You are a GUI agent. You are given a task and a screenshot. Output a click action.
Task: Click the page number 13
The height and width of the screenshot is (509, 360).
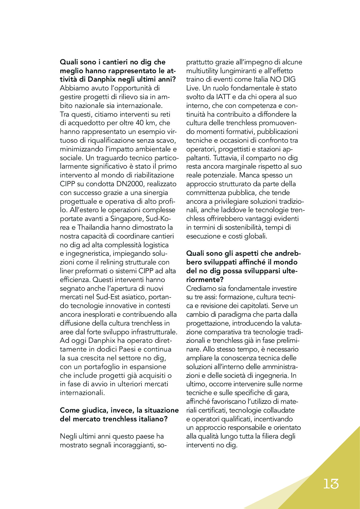pos(331,484)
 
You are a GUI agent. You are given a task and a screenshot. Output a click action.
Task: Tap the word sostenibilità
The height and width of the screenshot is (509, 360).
pos(237,228)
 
